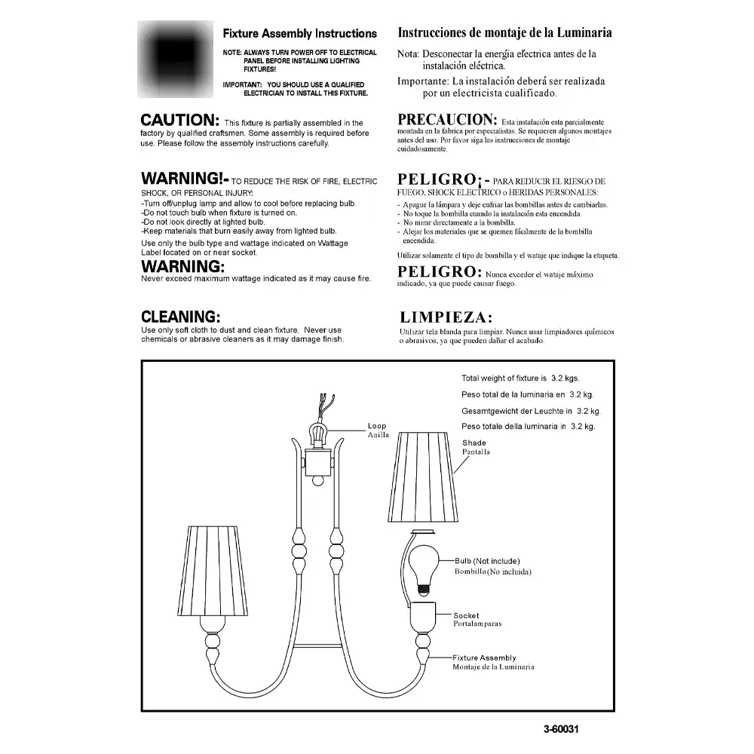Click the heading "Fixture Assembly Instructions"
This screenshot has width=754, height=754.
(299, 34)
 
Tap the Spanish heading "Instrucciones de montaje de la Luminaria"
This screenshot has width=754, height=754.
(504, 33)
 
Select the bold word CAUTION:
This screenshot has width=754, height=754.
(180, 120)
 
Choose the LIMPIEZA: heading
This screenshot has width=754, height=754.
(446, 317)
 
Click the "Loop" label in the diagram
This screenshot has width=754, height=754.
(376, 427)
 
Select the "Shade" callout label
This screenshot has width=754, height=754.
(474, 443)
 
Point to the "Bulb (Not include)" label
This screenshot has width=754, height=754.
(487, 561)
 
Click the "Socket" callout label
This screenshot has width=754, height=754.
(466, 616)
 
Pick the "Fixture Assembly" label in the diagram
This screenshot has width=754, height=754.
(489, 657)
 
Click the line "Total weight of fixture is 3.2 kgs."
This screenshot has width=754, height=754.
(520, 379)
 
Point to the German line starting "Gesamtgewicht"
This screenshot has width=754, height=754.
(530, 411)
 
